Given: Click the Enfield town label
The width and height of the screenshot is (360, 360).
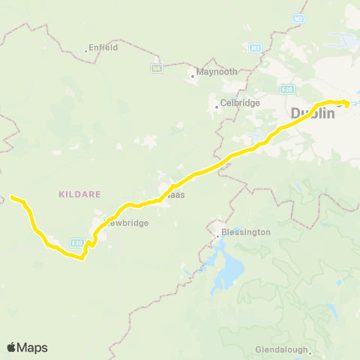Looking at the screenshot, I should click(103, 46).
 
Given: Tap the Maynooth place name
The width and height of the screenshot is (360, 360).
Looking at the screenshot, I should click(217, 72).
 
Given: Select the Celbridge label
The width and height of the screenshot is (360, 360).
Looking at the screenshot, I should click(239, 103).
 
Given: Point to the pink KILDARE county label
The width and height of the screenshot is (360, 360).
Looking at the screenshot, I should click(78, 193).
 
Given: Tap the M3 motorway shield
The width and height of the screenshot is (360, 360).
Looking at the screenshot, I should click(255, 48).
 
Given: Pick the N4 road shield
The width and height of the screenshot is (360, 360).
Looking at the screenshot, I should click(157, 68).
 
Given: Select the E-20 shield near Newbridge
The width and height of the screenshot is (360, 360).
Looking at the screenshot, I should click(76, 242).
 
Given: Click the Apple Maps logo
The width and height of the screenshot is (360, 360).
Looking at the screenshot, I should click(27, 347).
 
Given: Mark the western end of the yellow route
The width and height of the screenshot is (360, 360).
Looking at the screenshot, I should click(12, 197).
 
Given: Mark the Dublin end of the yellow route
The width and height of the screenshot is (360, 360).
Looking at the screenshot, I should click(346, 103).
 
